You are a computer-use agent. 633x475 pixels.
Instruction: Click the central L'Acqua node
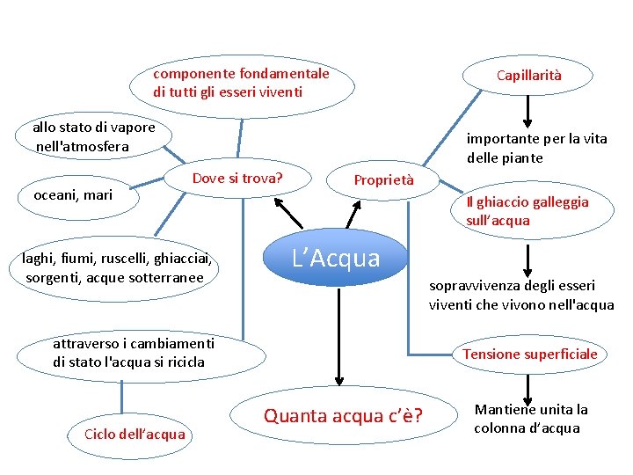pyautogui.click(x=337, y=259)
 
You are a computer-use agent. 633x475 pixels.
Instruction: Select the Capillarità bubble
pyautogui.click(x=528, y=76)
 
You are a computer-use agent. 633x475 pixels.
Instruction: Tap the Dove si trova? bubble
pyautogui.click(x=237, y=179)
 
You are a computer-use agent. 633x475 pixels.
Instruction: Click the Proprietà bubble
pyautogui.click(x=383, y=180)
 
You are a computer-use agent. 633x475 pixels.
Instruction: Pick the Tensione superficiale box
pyautogui.click(x=529, y=354)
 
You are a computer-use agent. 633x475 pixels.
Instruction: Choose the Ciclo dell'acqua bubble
pyautogui.click(x=135, y=434)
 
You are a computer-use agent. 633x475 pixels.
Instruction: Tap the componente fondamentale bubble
pyautogui.click(x=241, y=83)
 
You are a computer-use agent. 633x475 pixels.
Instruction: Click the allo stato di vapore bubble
pyautogui.click(x=93, y=136)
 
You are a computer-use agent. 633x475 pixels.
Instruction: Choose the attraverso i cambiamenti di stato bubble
pyautogui.click(x=141, y=354)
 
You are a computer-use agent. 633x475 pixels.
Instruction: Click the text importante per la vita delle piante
pyautogui.click(x=536, y=148)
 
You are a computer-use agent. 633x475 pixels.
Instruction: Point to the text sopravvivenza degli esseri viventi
pyautogui.click(x=521, y=295)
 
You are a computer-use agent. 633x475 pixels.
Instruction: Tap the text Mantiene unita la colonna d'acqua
pyautogui.click(x=531, y=419)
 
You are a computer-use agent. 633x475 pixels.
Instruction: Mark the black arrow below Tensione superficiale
pyautogui.click(x=527, y=386)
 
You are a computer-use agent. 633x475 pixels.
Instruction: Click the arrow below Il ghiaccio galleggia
pyautogui.click(x=527, y=259)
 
